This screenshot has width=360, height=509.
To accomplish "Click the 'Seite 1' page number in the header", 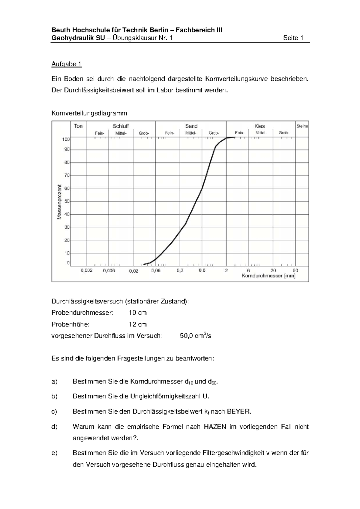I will [293, 38].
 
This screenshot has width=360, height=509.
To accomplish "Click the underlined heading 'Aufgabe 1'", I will [66, 64].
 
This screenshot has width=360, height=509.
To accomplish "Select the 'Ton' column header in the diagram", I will [78, 126].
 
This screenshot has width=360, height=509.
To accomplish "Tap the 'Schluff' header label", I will [121, 126].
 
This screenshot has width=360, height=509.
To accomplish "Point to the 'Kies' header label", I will [259, 126].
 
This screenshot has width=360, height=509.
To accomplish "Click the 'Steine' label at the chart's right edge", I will [302, 126].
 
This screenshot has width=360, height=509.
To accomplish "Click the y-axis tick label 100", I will [66, 139].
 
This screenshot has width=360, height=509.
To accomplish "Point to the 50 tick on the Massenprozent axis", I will [67, 201].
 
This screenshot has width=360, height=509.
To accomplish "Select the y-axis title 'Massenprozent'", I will [59, 202].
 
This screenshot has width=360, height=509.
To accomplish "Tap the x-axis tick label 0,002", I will [86, 270].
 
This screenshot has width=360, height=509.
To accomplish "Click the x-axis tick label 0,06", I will [156, 270].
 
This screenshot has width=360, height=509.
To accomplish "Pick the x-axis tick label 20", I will [273, 270].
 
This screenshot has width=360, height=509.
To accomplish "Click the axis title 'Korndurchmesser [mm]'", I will [268, 276].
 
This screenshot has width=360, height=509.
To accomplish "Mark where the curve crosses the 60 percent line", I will [202, 189].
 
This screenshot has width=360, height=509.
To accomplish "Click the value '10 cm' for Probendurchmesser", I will [137, 313].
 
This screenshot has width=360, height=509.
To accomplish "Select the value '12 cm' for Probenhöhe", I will [137, 324].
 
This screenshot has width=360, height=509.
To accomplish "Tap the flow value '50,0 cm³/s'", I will [195, 336].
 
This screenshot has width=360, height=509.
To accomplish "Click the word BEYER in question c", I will [239, 412].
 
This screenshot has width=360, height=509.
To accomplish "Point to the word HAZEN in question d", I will [215, 427].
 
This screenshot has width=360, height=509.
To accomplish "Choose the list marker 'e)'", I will [54, 453].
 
